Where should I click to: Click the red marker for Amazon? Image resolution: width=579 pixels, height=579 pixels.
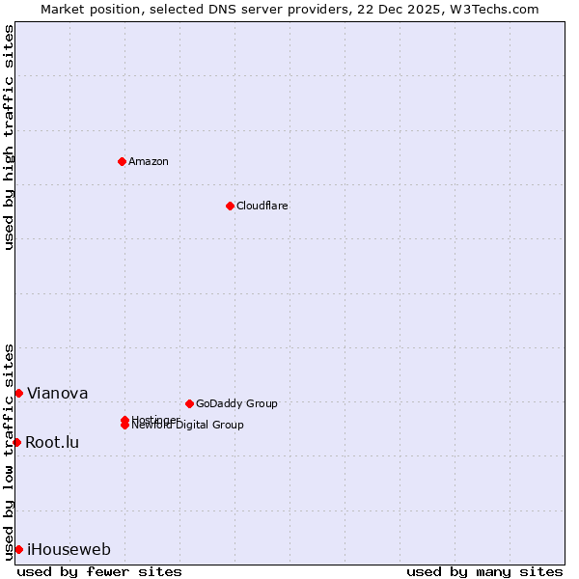[123, 161]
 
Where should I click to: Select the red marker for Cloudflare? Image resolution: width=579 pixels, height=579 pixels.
[230, 206]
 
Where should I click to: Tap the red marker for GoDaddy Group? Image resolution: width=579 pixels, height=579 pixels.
[189, 403]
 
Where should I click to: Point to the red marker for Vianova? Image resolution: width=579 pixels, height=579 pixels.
[18, 393]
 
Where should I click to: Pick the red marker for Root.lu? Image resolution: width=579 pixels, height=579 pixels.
[16, 442]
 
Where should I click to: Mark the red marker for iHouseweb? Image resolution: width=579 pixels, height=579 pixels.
[18, 549]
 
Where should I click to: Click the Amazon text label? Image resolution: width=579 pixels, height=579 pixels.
[149, 161]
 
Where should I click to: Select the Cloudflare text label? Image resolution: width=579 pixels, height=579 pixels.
[262, 206]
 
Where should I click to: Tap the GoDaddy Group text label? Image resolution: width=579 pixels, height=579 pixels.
[236, 403]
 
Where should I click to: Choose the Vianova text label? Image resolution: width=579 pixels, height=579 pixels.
[57, 393]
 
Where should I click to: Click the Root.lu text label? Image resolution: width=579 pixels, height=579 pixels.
[52, 442]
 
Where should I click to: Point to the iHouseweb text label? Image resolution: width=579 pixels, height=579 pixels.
[69, 550]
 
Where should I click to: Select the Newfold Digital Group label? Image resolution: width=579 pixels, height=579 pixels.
[189, 426]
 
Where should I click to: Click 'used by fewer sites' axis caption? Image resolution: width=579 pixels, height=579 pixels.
[99, 571]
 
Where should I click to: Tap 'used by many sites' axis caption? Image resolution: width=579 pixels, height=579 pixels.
[484, 571]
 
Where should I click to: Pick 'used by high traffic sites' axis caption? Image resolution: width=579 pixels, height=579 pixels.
[9, 137]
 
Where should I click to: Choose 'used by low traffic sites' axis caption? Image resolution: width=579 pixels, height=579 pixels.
[9, 452]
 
